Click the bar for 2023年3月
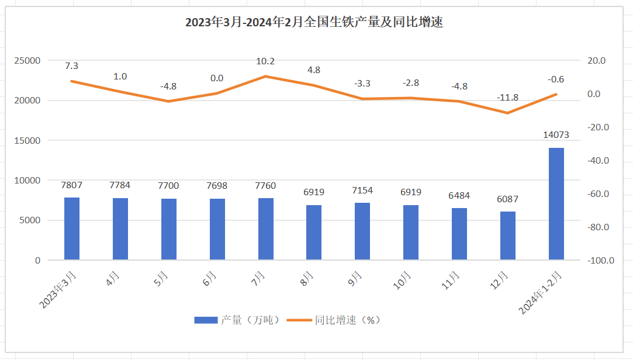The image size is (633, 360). [x=72, y=229]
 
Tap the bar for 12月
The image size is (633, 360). [x=508, y=236]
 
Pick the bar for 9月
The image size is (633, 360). [x=362, y=231]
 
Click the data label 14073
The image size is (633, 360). [x=556, y=135]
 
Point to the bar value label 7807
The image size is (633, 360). [x=72, y=185]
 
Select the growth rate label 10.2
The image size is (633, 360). [x=265, y=61]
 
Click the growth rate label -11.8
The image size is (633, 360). [x=508, y=98]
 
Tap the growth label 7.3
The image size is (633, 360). [x=72, y=65]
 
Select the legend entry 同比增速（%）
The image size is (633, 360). [x=338, y=320]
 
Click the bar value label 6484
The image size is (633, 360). [x=459, y=196]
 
